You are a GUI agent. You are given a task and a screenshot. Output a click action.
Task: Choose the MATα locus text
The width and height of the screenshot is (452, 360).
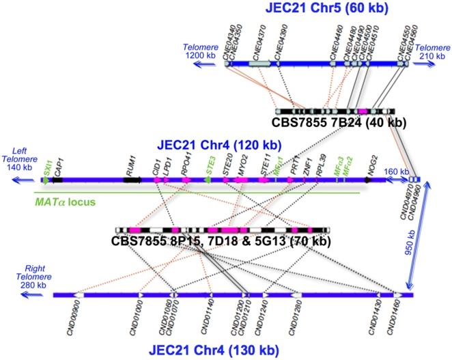point(66,202)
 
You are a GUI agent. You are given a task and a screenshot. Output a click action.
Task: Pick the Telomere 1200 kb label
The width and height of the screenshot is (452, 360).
point(201,53)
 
